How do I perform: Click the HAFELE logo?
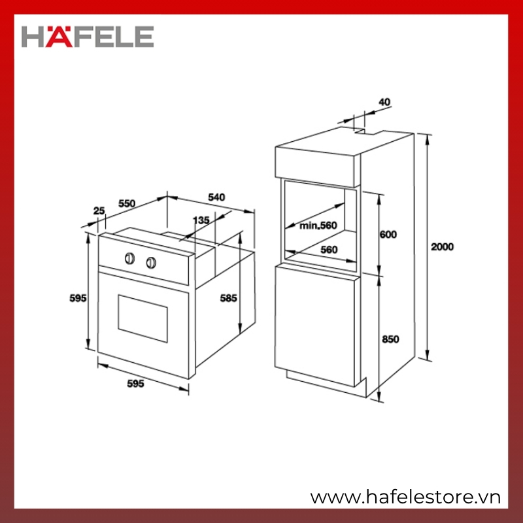coord(88,37)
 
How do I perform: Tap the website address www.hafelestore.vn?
coord(405,498)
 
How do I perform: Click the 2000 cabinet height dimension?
coord(443,247)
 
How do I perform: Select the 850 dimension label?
coord(390,339)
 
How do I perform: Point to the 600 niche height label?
coord(388,235)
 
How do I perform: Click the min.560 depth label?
coord(318,226)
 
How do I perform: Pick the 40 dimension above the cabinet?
coord(384,102)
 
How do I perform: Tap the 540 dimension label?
coord(216,197)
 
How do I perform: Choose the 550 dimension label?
coord(127,203)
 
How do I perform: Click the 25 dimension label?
coord(99,211)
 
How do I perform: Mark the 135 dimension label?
coord(201,220)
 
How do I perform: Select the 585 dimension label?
coord(228,298)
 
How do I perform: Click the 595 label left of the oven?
coord(78,298)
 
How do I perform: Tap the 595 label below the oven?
coord(136,384)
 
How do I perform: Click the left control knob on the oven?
coord(129,258)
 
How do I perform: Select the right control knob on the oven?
coord(151,263)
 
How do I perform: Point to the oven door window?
coord(143,318)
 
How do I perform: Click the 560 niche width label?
coord(329,250)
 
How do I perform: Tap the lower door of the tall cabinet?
coord(318,325)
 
